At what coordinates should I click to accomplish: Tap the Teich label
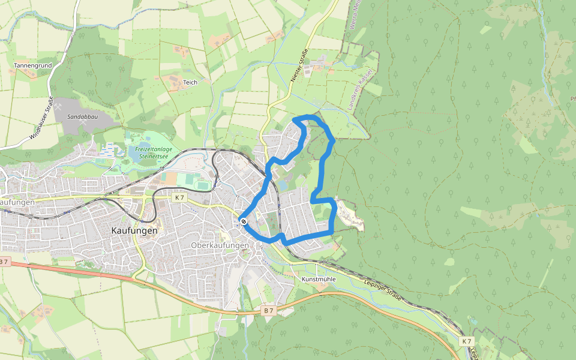click(190, 82)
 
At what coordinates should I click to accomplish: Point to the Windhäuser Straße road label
click(41, 119)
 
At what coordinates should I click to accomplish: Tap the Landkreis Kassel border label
click(365, 88)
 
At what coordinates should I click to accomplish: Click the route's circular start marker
click(244, 221)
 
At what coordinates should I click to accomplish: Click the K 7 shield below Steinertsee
click(178, 197)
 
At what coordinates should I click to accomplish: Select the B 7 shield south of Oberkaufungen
click(269, 311)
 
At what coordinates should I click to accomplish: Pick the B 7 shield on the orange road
click(4, 262)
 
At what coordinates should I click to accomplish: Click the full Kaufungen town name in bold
click(135, 230)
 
